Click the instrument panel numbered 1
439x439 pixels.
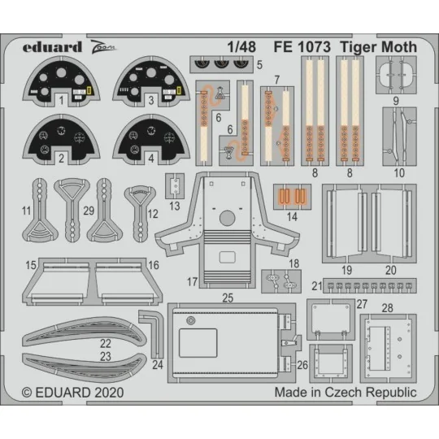(x=58, y=83)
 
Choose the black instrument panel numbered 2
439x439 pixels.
(x=58, y=136)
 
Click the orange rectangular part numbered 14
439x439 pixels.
(x=293, y=197)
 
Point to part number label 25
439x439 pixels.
(x=228, y=298)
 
